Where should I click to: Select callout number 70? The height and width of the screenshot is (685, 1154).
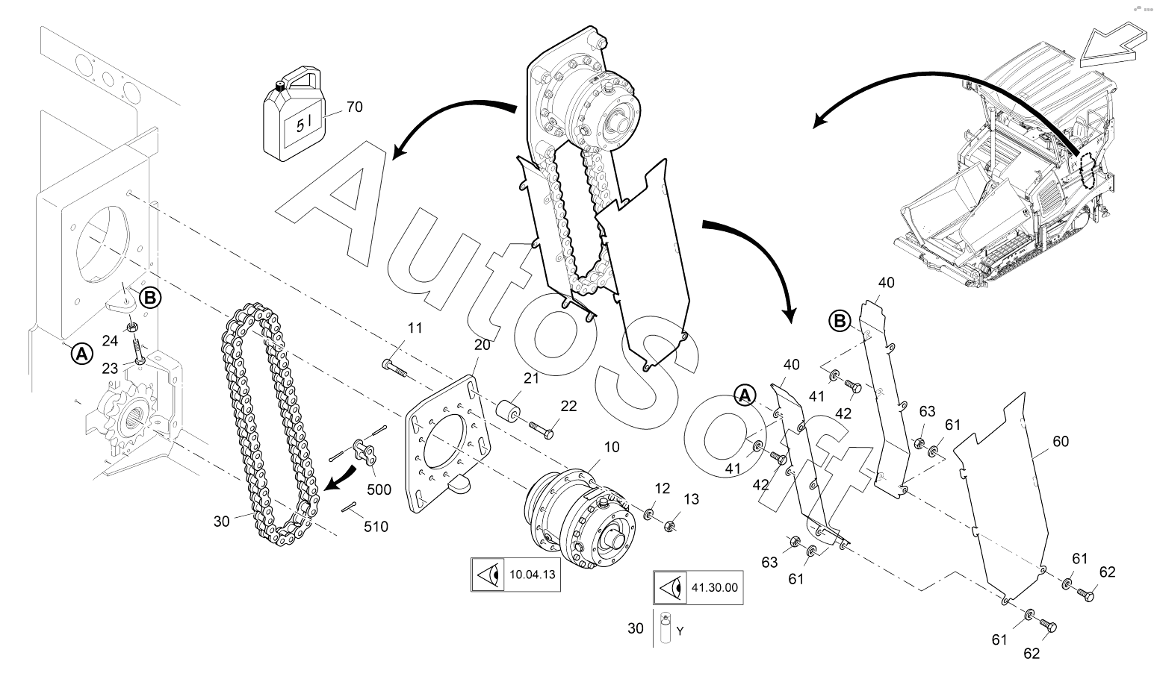click(x=355, y=107)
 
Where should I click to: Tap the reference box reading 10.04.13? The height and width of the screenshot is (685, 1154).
click(x=515, y=575)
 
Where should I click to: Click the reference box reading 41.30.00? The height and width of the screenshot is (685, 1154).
click(x=698, y=587)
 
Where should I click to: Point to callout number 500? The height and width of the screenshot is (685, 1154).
click(x=379, y=489)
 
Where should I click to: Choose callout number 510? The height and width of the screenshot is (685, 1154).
click(x=376, y=527)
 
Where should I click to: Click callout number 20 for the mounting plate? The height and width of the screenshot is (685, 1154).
click(x=483, y=345)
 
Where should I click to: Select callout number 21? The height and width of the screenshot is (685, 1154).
click(x=531, y=378)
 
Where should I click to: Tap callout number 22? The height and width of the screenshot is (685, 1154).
click(x=568, y=406)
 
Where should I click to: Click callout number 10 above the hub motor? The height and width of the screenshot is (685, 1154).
click(x=612, y=447)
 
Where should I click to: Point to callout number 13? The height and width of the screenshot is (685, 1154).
click(x=692, y=498)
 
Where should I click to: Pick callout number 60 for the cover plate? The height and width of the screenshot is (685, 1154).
click(x=1061, y=441)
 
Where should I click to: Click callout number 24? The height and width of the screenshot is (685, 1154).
click(x=111, y=341)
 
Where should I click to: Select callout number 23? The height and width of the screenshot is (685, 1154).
click(x=111, y=369)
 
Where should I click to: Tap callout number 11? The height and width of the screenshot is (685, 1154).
click(x=415, y=328)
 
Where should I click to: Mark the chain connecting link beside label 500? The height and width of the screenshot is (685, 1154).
click(x=364, y=451)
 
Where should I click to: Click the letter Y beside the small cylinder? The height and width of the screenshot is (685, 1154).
click(x=680, y=631)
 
